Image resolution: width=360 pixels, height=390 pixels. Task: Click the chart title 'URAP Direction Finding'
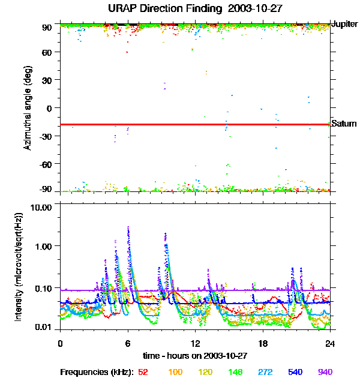tap(157, 9)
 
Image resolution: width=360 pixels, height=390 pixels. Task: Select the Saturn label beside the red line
tap(344, 124)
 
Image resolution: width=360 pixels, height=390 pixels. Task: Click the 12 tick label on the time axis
tap(195, 344)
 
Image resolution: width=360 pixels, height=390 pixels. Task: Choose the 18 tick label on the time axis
tap(263, 344)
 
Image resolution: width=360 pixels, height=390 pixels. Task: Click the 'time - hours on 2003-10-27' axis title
tap(195, 356)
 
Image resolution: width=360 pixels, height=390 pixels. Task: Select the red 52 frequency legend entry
tap(143, 373)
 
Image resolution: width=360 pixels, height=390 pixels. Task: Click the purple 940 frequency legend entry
tap(325, 373)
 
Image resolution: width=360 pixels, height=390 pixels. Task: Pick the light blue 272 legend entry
tap(265, 373)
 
